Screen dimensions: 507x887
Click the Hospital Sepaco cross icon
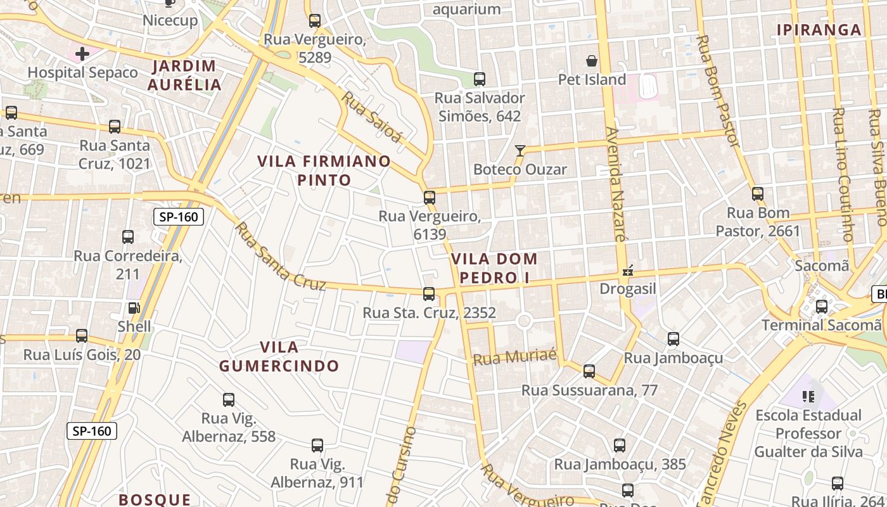(x=82, y=54)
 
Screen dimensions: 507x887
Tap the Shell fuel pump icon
(x=134, y=308)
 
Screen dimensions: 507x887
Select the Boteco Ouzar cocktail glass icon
(x=520, y=151)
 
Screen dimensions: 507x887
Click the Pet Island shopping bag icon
(x=592, y=61)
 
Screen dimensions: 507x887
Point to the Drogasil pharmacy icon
(x=628, y=271)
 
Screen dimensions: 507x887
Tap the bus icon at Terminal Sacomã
(x=822, y=307)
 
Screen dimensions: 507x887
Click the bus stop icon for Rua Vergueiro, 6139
(x=430, y=198)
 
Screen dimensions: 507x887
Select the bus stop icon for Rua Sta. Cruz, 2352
(x=429, y=294)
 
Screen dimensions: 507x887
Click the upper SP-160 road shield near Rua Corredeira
(x=179, y=217)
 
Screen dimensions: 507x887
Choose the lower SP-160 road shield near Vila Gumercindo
(x=92, y=432)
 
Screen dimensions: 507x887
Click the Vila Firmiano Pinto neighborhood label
(x=324, y=170)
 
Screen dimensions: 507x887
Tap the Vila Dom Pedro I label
(x=494, y=268)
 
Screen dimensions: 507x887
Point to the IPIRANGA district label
(x=819, y=30)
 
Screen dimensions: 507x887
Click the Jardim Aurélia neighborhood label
(x=184, y=75)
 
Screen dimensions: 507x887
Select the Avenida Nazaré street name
(x=615, y=184)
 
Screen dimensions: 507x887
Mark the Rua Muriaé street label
(x=514, y=357)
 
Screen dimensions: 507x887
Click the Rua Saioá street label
(x=372, y=117)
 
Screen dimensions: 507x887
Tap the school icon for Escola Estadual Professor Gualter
(x=808, y=397)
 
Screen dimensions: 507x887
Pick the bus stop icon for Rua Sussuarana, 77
(x=589, y=371)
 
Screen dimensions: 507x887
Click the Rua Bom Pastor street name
(x=717, y=91)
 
